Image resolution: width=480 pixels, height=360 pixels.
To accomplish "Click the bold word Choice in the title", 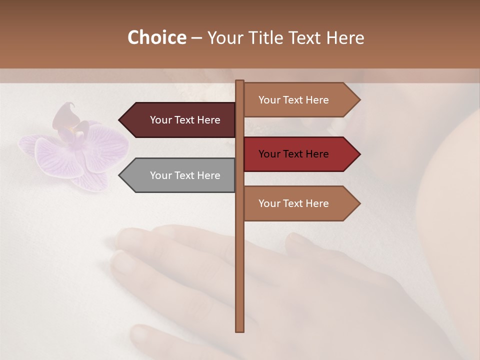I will coord(156,37).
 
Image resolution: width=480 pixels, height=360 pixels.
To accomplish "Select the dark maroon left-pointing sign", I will coord(180,120).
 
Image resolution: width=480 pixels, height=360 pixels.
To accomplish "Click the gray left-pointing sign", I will coord(180,175).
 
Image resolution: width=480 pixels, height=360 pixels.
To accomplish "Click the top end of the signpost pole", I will coord(239,82).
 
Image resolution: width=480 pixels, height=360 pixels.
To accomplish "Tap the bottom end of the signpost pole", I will coord(239,330).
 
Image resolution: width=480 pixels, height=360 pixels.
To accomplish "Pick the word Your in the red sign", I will coord(269,154).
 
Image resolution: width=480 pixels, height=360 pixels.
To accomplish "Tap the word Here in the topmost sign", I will coord(316,100).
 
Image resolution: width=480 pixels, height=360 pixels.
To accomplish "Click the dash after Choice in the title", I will coord(196,38).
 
